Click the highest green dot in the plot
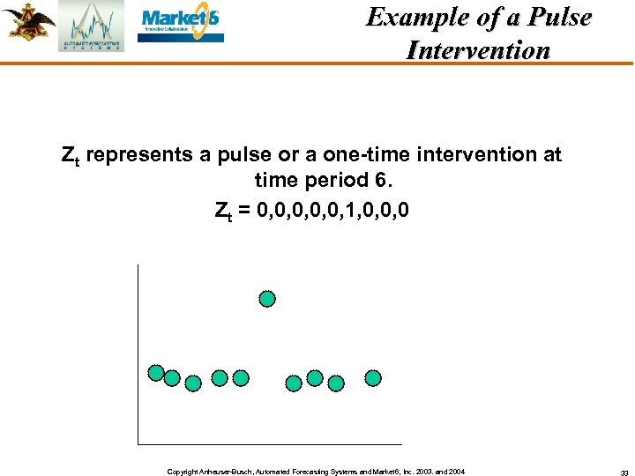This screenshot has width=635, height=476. (267, 299)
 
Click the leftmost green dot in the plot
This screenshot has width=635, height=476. (156, 373)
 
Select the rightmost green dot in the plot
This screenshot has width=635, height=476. (373, 378)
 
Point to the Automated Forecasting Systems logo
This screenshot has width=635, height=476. (92, 26)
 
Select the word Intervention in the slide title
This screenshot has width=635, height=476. (478, 50)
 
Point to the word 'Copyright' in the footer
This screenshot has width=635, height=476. (182, 472)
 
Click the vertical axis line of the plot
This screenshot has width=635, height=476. (138, 353)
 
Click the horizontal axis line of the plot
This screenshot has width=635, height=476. (269, 443)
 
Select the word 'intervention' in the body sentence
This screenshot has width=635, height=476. (477, 155)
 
